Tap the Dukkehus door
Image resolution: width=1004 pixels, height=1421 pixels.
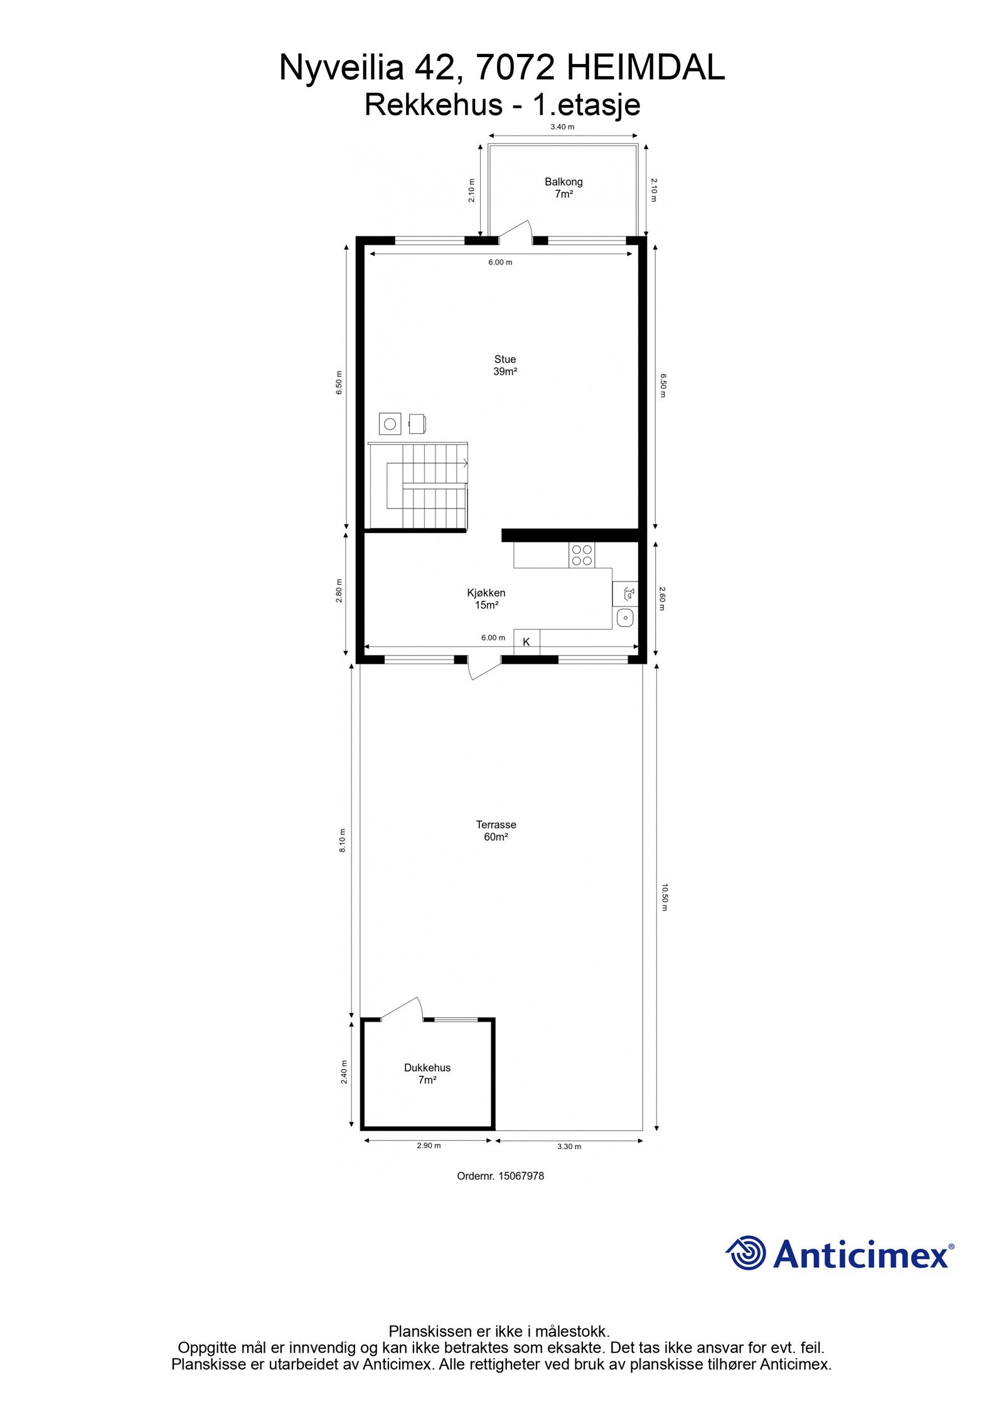[x=402, y=1008]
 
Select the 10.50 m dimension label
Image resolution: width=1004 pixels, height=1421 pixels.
[x=664, y=897]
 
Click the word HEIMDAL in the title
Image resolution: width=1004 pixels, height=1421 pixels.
[x=645, y=68]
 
